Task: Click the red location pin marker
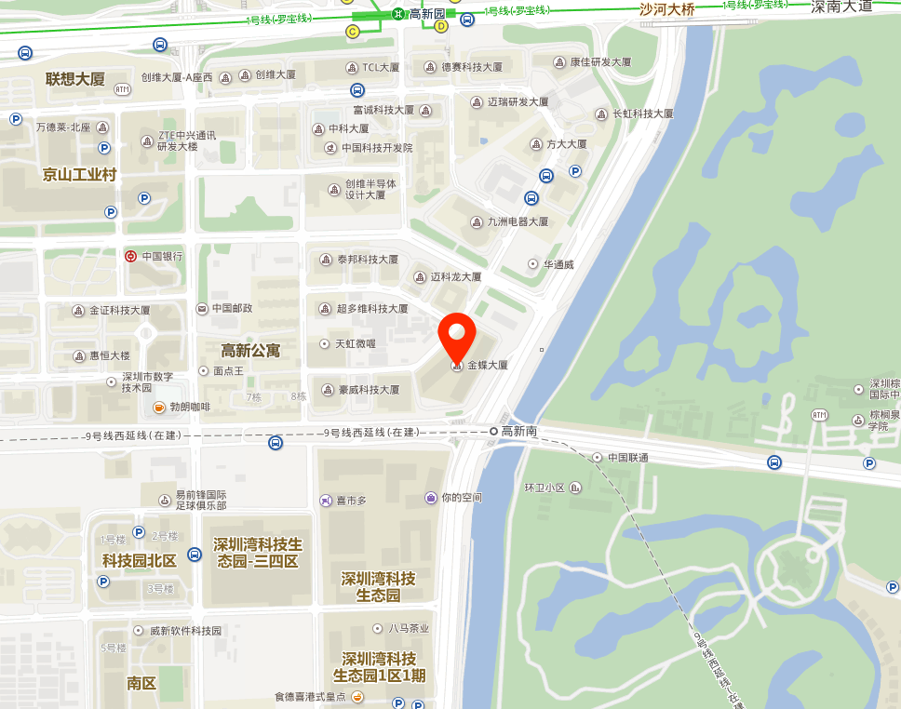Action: click(x=457, y=337)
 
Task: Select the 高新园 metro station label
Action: click(x=427, y=13)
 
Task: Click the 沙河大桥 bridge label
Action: click(x=666, y=10)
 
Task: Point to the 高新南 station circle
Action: click(x=494, y=431)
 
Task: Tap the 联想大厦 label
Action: click(x=75, y=78)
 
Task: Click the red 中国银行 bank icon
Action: click(x=131, y=256)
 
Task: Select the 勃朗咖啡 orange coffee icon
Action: click(x=159, y=407)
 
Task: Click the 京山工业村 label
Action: click(x=79, y=174)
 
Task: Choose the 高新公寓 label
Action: click(x=250, y=350)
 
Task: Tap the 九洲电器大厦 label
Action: click(x=518, y=221)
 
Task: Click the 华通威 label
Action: click(x=558, y=264)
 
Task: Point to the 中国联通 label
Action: click(x=627, y=458)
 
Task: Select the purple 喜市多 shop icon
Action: click(x=326, y=501)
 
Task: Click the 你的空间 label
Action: click(x=462, y=498)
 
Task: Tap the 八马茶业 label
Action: click(x=409, y=628)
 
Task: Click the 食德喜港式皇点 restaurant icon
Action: click(x=356, y=696)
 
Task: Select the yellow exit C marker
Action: click(x=353, y=32)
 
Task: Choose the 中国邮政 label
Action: click(x=232, y=308)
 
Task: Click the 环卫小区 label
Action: click(x=545, y=487)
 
